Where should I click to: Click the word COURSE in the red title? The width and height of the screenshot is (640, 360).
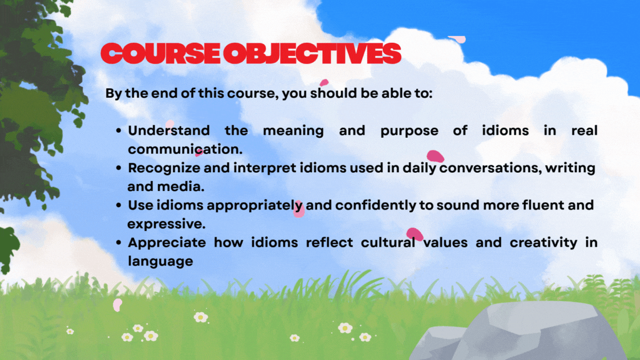(x=161, y=53)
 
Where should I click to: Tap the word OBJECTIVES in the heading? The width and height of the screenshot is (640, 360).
(x=313, y=53)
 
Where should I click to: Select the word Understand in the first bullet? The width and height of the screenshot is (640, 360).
(x=169, y=131)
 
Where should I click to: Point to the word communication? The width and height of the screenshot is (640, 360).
(x=185, y=149)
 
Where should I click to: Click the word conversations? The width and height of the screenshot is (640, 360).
(x=491, y=168)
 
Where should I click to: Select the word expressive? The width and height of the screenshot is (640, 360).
(x=166, y=224)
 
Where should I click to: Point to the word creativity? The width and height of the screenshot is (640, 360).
(x=544, y=243)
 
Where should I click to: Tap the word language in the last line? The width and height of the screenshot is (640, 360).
(x=161, y=262)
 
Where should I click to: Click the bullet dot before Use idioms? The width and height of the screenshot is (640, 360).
(x=119, y=206)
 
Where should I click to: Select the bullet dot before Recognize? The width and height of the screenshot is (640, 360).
(x=119, y=168)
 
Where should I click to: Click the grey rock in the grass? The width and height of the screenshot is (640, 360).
(x=518, y=333)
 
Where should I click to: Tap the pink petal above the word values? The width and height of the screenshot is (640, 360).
(x=414, y=234)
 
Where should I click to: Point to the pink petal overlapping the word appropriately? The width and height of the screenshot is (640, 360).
(x=299, y=208)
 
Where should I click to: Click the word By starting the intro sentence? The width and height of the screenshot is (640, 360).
(x=113, y=93)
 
